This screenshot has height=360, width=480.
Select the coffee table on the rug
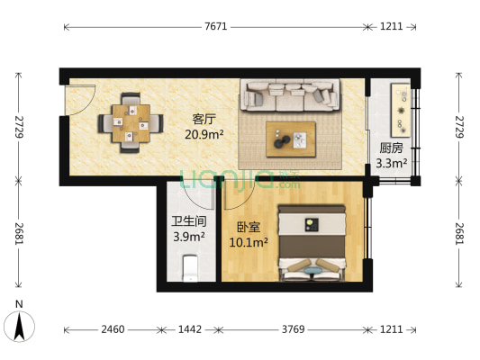coord(290,138)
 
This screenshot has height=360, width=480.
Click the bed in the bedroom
coord(311,244)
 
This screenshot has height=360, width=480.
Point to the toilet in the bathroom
coord(189,267)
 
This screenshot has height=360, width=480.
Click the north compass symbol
coord(18,323)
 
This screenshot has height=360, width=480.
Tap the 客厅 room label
coord(204,119)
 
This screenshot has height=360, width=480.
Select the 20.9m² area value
coord(204,135)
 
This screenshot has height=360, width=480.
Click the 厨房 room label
coord(391,148)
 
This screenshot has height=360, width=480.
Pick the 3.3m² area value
coord(391,164)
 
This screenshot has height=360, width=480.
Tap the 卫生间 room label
coord(189,221)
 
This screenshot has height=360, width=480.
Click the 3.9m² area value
coord(189,238)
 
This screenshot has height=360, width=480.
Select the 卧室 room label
coord(249,228)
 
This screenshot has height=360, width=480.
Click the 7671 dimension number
coord(215,27)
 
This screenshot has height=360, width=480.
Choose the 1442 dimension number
coord(188,329)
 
